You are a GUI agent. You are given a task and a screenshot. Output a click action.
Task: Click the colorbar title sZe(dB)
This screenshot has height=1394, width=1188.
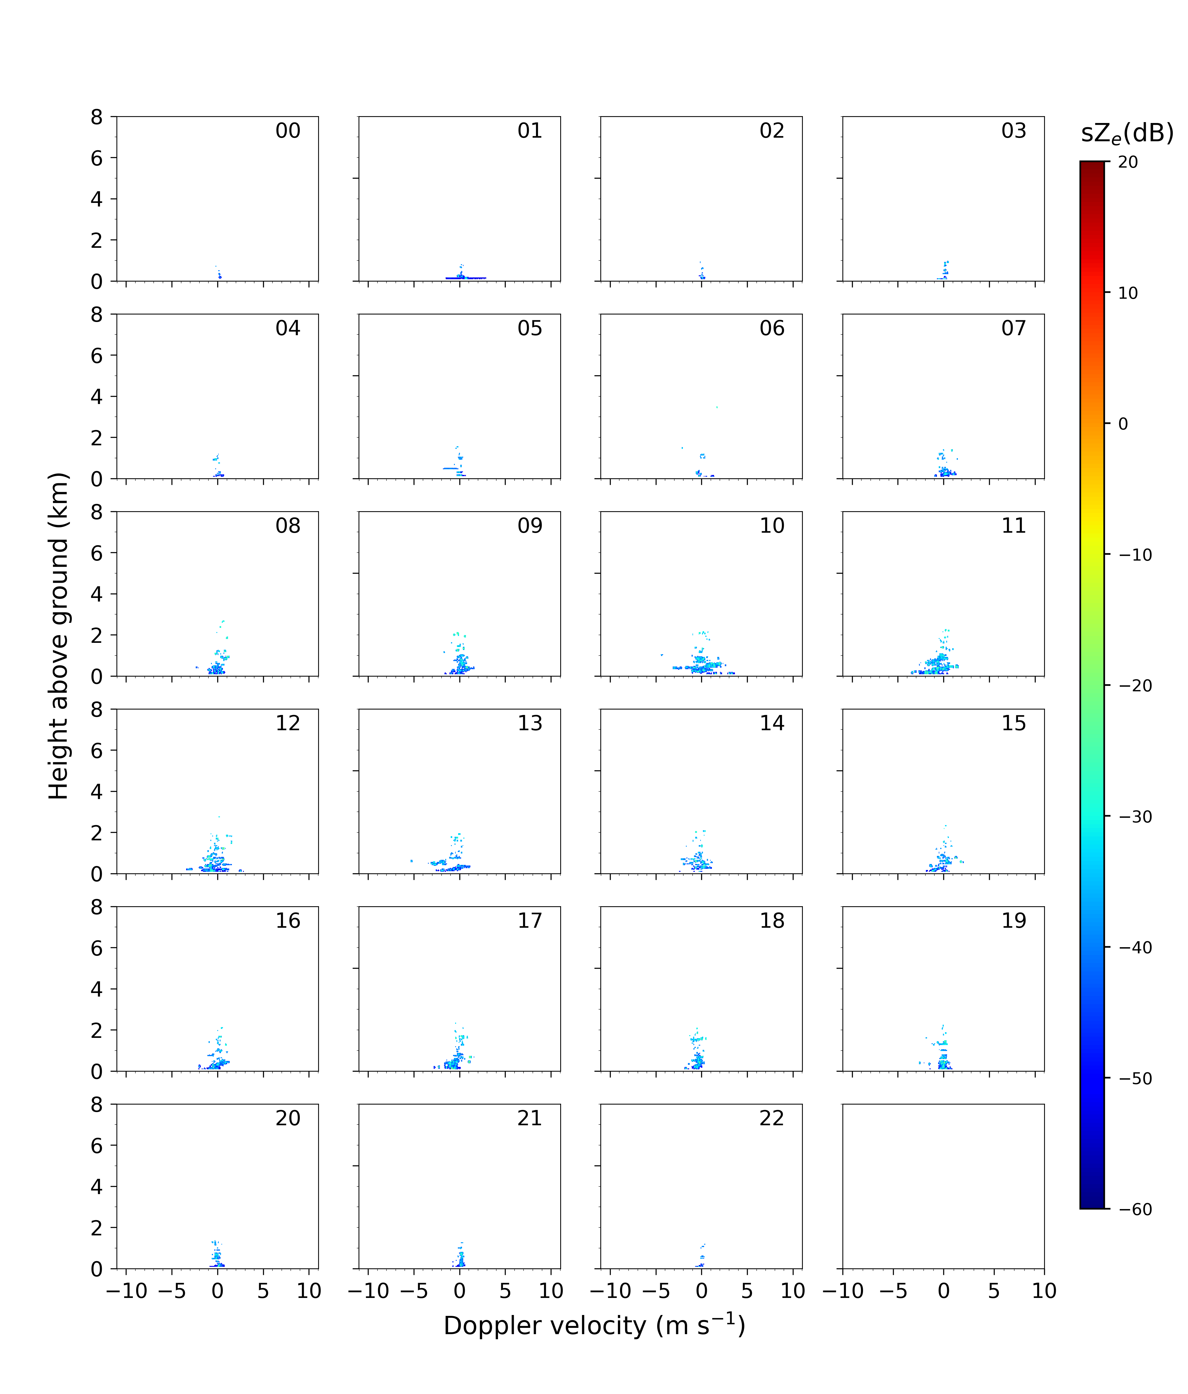click(x=1128, y=133)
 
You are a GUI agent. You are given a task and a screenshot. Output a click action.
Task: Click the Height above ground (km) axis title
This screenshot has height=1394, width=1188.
click(x=59, y=636)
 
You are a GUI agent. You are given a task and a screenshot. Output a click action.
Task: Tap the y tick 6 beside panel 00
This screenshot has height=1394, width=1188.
click(x=97, y=158)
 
